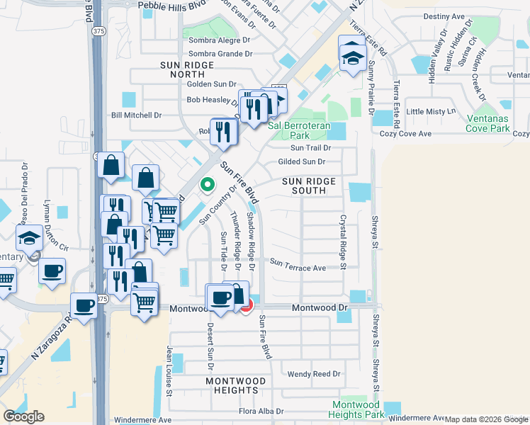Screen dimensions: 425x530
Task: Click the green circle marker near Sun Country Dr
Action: pos(208,185)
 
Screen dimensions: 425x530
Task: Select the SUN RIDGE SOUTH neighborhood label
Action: pos(309,186)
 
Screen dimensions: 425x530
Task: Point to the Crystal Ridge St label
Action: pos(342,242)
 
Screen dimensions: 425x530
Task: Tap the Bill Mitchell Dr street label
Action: pos(137,115)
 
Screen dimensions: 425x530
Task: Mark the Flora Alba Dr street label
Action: pos(261,411)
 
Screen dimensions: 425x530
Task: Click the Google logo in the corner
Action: pos(23,416)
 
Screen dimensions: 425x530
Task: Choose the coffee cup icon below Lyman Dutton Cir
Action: pos(52,271)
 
